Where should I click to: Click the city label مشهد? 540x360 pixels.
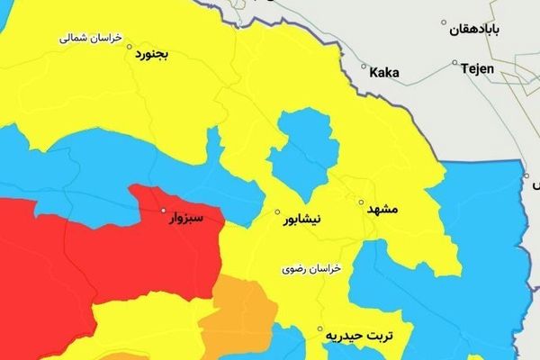[381, 209]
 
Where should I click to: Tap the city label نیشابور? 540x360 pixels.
[310, 219]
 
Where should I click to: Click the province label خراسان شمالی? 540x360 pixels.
[88, 39]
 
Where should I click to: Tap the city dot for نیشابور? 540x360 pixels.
[278, 212]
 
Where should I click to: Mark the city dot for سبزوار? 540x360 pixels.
[163, 211]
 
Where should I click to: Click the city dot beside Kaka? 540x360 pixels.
[364, 67]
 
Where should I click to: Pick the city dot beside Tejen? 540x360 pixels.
[457, 67]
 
